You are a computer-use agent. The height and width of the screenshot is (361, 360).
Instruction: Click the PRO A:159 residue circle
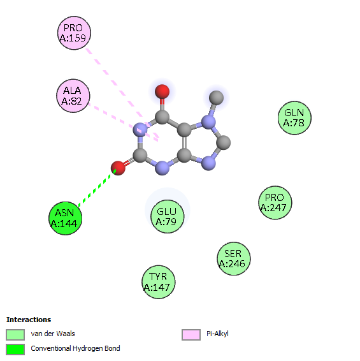(x=74, y=33)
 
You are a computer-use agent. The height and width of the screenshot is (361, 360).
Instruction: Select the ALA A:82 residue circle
(x=73, y=96)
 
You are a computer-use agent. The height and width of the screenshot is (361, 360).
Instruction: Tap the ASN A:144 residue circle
(x=66, y=218)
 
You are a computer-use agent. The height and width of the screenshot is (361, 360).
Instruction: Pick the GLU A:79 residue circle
(x=168, y=216)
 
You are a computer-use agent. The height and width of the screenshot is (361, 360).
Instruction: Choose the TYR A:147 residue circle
(x=158, y=282)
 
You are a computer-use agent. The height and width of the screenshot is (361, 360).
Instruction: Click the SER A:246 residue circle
(x=234, y=259)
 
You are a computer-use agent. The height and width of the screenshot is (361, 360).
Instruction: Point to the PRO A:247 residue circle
(x=275, y=203)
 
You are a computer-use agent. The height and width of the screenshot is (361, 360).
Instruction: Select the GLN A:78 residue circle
(x=294, y=118)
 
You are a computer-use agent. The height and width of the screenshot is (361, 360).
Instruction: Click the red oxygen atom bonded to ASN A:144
(x=118, y=168)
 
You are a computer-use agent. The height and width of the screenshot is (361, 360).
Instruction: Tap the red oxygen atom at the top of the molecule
(x=162, y=92)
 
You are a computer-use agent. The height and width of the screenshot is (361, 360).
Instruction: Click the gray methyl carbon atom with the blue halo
(x=216, y=98)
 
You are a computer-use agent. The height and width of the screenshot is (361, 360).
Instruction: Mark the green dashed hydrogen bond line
(x=97, y=188)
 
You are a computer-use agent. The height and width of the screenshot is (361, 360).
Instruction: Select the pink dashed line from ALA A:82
(x=123, y=122)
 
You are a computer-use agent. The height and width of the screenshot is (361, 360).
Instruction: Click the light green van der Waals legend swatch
(x=15, y=334)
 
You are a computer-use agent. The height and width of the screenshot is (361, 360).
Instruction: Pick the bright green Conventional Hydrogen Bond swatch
(x=15, y=350)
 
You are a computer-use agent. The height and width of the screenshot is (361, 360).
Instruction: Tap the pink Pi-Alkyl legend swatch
(x=191, y=334)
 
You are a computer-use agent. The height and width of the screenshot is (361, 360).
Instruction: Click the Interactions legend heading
(x=29, y=320)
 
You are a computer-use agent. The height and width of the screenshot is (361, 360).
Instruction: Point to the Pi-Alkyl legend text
(x=217, y=334)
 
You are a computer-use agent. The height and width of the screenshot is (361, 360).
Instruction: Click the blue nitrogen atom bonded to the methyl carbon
(x=208, y=122)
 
